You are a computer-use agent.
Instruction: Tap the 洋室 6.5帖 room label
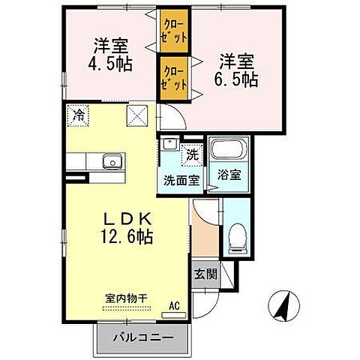(x=238, y=67)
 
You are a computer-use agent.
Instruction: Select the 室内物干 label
(x=125, y=298)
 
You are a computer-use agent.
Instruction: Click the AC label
(x=174, y=306)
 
